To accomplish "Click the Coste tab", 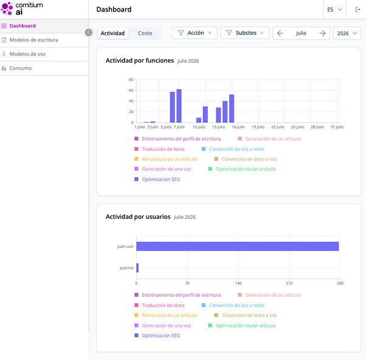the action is tap(145, 33).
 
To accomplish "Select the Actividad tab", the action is tap(112, 33).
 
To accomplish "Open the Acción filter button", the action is tap(195, 33).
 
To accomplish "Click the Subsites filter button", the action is tap(245, 33).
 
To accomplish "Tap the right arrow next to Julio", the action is tap(322, 33).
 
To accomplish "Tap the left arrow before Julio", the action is tap(280, 33).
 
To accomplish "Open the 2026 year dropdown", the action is tap(347, 33).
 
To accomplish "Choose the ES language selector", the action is tap(334, 10).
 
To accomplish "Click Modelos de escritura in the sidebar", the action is tap(33, 40).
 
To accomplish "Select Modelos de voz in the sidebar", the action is tap(27, 54).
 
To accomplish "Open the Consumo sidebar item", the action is tap(20, 68).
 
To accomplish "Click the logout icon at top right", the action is tap(357, 10).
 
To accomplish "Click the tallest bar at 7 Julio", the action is tap(179, 106).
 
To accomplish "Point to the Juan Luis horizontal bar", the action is tap(237, 246).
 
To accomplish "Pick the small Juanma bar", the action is tap(137, 268).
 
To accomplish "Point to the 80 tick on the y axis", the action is tap(131, 80).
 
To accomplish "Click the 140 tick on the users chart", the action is tap(238, 283).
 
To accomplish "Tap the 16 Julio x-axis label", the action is tap(238, 127).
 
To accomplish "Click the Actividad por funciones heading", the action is tap(140, 61).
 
